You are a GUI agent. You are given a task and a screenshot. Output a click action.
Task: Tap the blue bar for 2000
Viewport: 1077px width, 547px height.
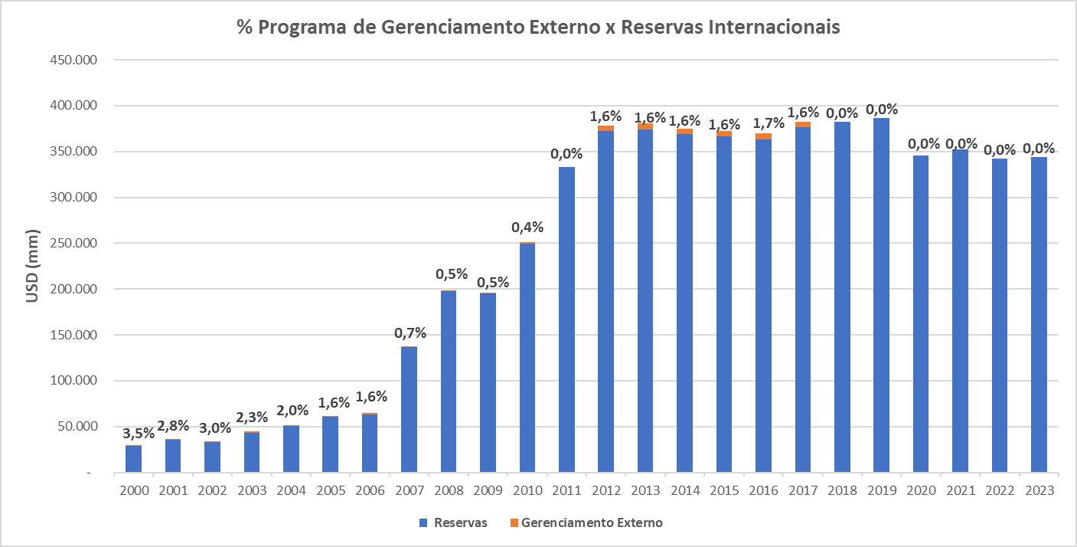pos(133,459)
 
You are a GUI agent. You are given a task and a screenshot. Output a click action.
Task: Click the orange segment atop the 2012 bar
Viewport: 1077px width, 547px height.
pos(605,129)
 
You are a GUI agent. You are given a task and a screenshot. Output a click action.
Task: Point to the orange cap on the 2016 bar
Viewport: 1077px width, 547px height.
pos(763,136)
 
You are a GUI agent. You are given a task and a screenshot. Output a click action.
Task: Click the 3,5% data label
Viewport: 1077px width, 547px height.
pos(139,433)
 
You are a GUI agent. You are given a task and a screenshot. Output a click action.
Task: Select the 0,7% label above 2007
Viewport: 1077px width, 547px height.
pos(410,333)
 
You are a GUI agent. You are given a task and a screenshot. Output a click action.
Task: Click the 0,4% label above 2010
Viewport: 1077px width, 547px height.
pos(527,227)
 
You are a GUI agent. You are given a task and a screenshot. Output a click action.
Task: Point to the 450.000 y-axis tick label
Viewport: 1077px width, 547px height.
pos(70,60)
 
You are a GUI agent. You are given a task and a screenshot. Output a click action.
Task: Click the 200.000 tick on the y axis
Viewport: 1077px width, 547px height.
pos(70,290)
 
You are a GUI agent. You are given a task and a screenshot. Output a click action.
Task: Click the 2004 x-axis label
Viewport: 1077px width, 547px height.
pos(291,490)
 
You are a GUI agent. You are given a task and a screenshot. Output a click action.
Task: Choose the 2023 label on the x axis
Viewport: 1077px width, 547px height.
pos(1039,490)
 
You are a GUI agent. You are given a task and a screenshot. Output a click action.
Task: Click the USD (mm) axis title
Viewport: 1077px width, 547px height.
pos(33,266)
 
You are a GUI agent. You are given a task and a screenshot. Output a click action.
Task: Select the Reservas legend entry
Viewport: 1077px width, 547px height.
pos(452,523)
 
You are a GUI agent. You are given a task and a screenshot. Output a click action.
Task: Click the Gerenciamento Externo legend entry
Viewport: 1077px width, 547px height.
pos(586,523)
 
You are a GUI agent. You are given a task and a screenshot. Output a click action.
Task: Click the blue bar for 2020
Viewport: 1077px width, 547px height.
pos(921,314)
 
